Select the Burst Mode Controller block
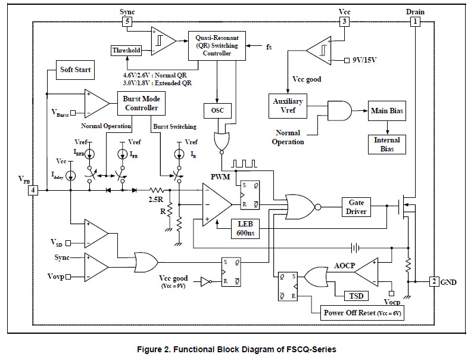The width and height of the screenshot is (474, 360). tap(141, 103)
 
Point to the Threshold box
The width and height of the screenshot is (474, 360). tap(126, 51)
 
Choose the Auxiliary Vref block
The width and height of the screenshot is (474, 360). tap(288, 106)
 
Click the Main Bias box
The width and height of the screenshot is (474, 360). tap(388, 111)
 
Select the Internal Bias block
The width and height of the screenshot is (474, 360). tap(387, 144)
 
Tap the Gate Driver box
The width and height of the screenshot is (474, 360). tap(357, 207)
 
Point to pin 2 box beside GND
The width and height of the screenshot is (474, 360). tap(434, 281)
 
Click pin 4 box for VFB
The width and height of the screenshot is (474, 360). tap(33, 190)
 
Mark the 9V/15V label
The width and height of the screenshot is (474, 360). tap(367, 60)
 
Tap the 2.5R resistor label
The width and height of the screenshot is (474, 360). tap(156, 198)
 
